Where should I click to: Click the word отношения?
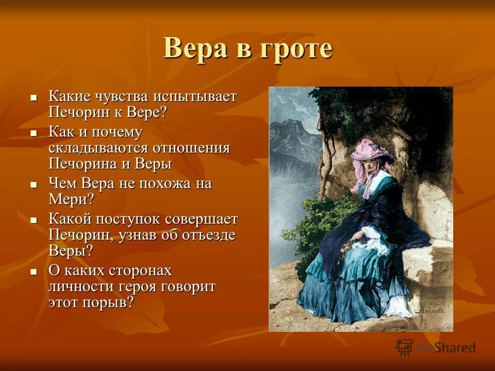tap(191, 148)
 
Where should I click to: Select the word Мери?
tap(72, 199)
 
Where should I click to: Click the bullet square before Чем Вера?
tap(34, 184)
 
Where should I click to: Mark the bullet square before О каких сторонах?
tap(34, 271)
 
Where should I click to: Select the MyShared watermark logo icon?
tap(405, 347)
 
